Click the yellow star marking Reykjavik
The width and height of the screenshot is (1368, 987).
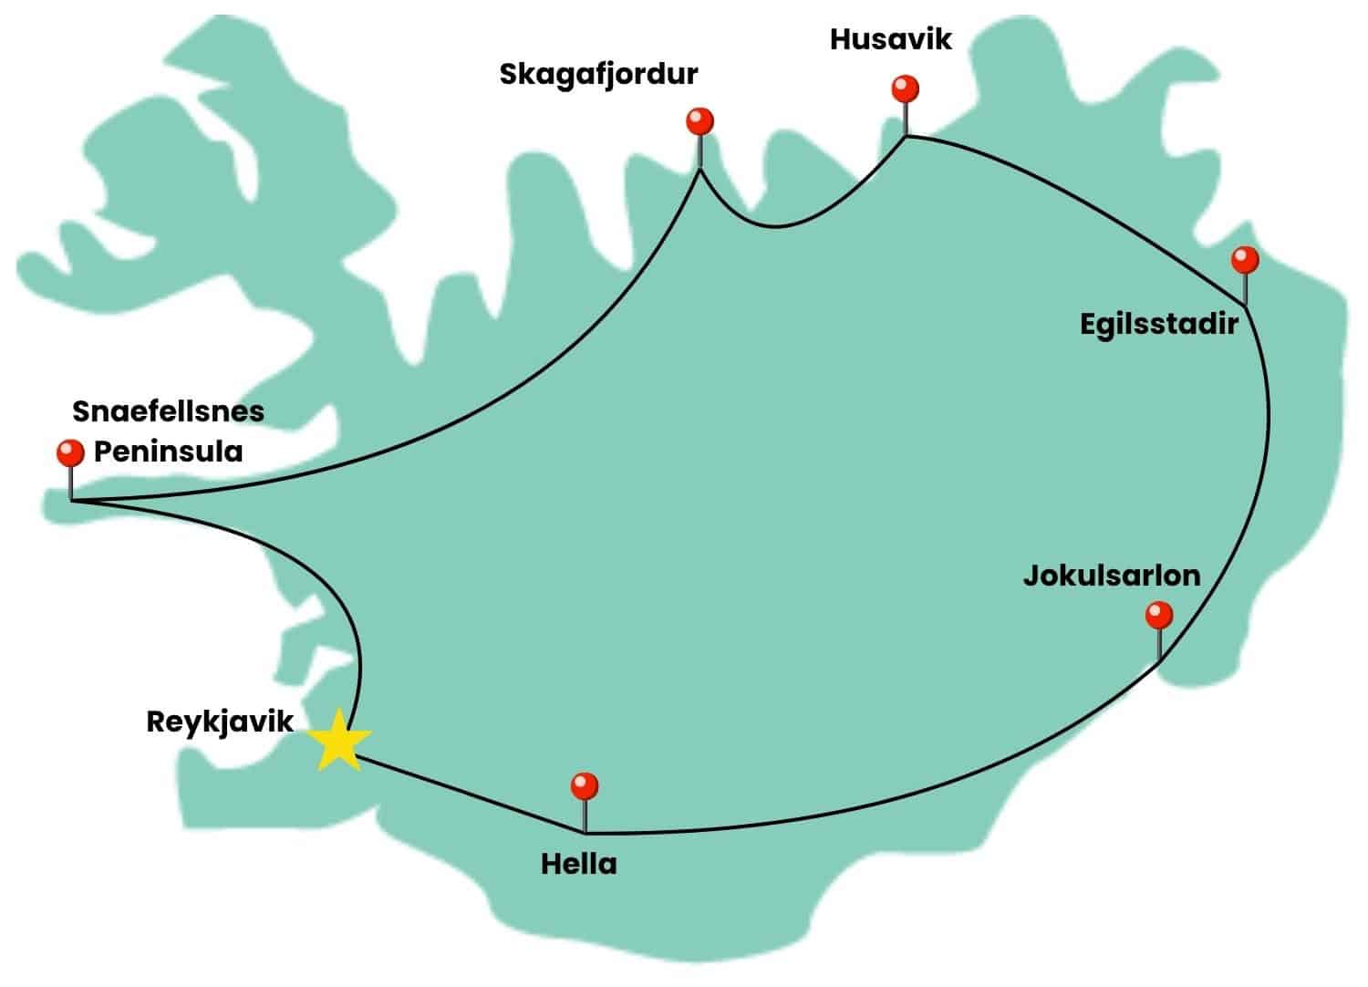pos(338,740)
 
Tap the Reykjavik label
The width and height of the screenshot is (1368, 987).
pos(220,722)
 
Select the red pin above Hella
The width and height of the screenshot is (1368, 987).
pos(584,785)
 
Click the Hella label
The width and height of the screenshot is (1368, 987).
pos(578,863)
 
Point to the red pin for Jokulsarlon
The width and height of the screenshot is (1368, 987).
pos(1158,615)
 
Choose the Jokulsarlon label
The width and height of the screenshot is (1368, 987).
pos(1111,576)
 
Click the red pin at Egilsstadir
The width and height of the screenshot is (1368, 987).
pos(1244,260)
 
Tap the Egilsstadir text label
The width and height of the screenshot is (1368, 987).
pos(1158,324)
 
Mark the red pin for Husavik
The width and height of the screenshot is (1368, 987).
pos(905,89)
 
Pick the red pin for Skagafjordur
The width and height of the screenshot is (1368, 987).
pos(700,120)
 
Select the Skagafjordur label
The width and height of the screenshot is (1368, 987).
pos(598,74)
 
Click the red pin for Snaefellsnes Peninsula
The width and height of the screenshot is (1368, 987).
pos(70,452)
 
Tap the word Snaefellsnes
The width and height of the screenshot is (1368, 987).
pos(168,411)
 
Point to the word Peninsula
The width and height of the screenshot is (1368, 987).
pos(168,452)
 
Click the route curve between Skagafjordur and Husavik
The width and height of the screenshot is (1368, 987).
pos(775,225)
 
